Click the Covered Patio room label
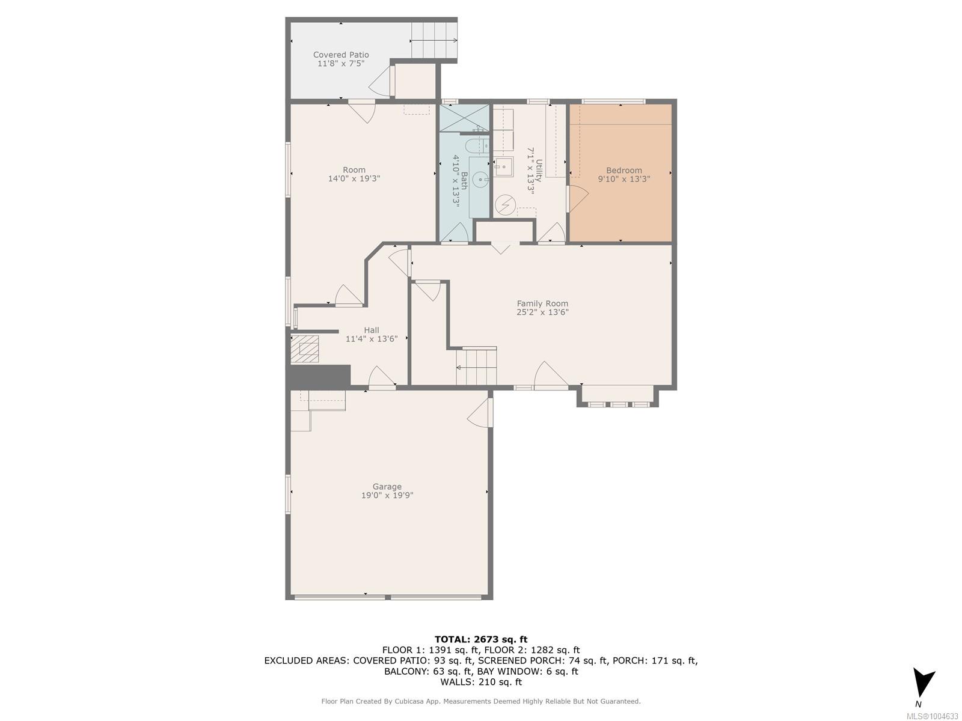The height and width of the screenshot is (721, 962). pyautogui.click(x=340, y=55)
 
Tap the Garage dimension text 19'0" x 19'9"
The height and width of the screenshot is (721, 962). pyautogui.click(x=387, y=495)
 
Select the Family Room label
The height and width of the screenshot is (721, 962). pyautogui.click(x=542, y=303)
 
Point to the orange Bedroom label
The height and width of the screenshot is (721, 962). pyautogui.click(x=623, y=170)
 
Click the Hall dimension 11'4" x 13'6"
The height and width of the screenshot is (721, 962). pyautogui.click(x=371, y=338)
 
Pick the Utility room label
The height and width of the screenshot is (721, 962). pyautogui.click(x=539, y=170)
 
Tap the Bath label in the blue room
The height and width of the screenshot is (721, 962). pyautogui.click(x=464, y=180)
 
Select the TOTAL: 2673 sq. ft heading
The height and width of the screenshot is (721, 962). pyautogui.click(x=481, y=639)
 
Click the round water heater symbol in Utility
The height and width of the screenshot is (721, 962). pyautogui.click(x=505, y=204)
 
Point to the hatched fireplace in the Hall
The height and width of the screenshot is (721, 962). pyautogui.click(x=305, y=349)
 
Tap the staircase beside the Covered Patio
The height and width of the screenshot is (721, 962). pyautogui.click(x=434, y=40)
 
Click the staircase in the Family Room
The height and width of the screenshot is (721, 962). pyautogui.click(x=476, y=366)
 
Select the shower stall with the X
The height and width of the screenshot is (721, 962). pyautogui.click(x=464, y=118)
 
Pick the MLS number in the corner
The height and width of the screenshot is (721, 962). pyautogui.click(x=932, y=716)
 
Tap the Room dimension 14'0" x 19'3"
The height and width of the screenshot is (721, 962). pyautogui.click(x=354, y=178)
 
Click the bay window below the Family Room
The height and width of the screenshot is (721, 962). pyautogui.click(x=618, y=397)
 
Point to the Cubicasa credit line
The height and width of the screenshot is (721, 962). pyautogui.click(x=481, y=701)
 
